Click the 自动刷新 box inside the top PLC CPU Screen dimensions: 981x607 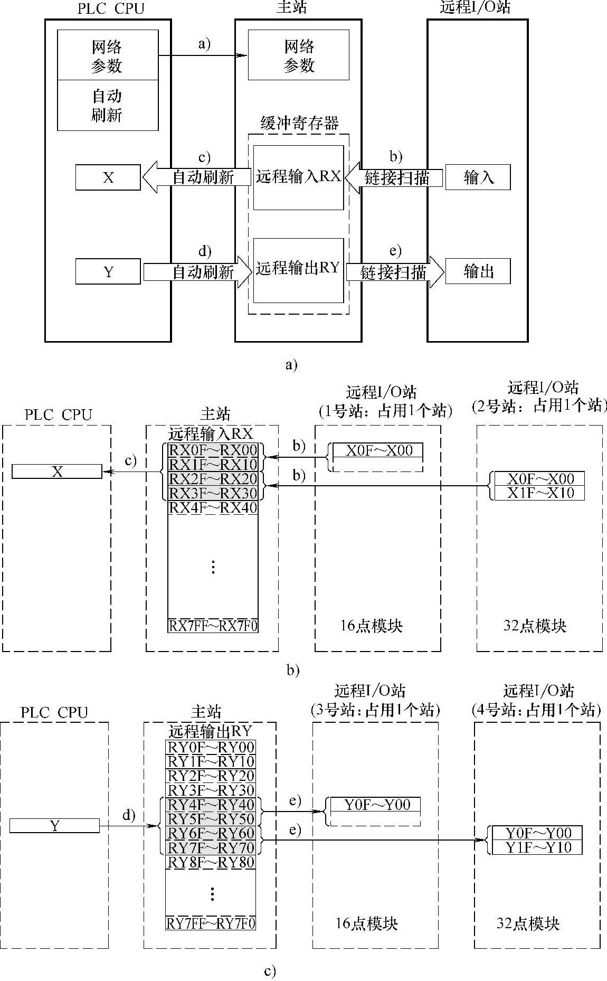108,106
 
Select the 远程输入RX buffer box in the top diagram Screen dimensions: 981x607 298,177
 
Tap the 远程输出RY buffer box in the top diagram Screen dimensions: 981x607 298,269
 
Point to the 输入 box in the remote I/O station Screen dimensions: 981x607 478,177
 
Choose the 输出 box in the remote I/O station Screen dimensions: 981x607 478,271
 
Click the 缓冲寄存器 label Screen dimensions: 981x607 299,124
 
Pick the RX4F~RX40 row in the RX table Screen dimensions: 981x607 213,507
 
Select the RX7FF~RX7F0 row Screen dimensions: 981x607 213,626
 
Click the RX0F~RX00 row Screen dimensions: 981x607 213,450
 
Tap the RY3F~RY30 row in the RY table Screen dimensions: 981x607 211,790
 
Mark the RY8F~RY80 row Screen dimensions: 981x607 211,862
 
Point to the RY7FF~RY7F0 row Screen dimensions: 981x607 211,923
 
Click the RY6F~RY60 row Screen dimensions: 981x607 211,833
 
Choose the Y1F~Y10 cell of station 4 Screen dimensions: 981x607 538,847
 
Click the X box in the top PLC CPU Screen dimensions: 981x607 108,177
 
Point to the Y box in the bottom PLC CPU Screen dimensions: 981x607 54,826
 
